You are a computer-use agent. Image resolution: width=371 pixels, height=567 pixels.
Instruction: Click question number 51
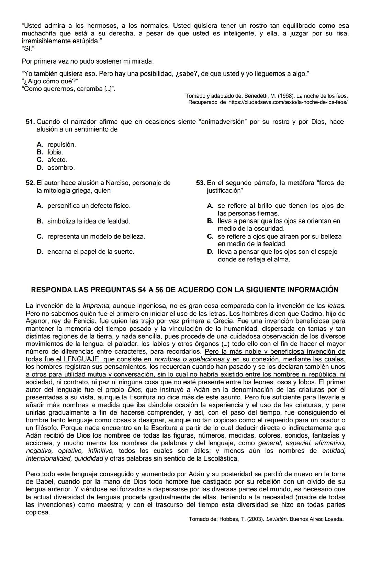[30, 122]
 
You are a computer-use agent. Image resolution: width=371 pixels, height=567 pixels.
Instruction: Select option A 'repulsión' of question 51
[61, 144]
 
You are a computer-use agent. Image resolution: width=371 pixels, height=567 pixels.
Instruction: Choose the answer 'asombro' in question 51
[60, 168]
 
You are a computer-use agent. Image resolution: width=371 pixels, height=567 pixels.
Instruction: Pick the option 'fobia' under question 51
[55, 152]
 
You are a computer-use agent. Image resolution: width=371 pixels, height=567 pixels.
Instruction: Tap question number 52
[30, 183]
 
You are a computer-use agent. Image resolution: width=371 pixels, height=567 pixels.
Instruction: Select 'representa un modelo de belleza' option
[96, 236]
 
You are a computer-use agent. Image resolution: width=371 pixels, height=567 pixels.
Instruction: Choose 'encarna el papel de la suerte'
[90, 252]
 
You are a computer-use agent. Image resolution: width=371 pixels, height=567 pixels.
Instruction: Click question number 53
[201, 183]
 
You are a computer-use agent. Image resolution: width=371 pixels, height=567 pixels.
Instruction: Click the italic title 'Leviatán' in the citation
[278, 519]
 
